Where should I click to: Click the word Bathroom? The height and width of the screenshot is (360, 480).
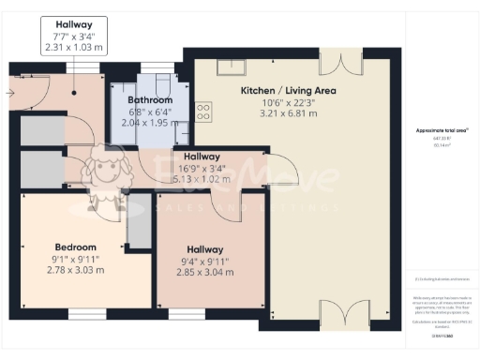(150, 100)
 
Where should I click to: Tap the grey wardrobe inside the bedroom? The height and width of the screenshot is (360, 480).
(139, 226)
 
